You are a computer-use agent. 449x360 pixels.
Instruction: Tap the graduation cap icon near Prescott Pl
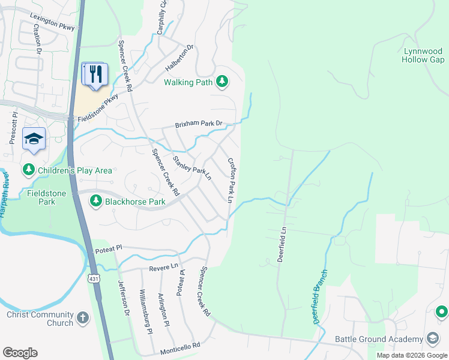34,139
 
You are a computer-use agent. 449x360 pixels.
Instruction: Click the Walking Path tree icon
222,82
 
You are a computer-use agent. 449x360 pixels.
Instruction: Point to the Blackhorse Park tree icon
95,202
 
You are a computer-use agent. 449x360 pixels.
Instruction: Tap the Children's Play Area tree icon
28,170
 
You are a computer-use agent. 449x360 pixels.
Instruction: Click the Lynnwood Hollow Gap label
424,56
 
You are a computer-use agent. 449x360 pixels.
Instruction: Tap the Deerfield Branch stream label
321,296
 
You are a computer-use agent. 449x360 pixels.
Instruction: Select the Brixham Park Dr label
199,125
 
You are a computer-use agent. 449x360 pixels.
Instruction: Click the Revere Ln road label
167,265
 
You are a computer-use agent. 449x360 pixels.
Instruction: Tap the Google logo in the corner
20,352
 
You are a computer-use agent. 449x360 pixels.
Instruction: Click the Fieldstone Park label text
49,197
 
